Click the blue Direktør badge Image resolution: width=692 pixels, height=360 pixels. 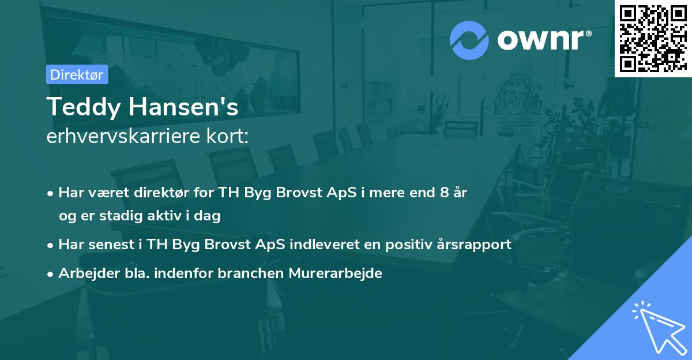tap(77, 74)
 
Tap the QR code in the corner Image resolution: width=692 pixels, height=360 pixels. tap(653, 38)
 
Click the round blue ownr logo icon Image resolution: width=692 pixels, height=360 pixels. tap(469, 40)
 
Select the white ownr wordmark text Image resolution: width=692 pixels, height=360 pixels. tap(544, 40)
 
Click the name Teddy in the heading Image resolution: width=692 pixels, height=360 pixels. tap(84, 107)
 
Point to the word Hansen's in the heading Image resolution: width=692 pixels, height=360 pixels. tap(183, 107)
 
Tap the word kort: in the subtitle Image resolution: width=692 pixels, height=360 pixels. tap(227, 136)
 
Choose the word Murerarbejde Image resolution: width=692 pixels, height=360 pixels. tap(335, 273)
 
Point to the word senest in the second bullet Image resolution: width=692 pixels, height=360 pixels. tap(111, 245)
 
